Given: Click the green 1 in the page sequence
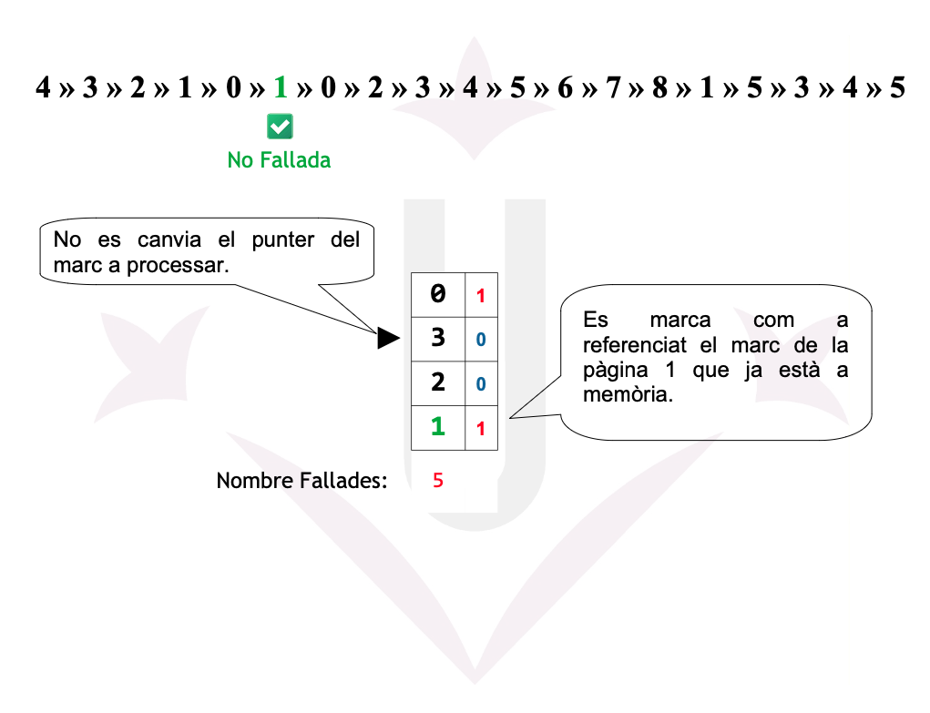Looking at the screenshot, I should click(280, 88).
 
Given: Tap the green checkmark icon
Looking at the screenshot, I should click(280, 127).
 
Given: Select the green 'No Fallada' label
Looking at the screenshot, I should click(279, 160).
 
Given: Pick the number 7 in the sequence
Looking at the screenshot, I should click(612, 88).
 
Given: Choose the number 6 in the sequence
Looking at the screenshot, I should click(565, 88).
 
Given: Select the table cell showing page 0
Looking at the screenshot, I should click(438, 294).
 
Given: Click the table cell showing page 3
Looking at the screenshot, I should click(438, 338).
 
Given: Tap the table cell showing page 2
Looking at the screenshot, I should click(438, 382).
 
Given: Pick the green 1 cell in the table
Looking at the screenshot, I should click(438, 427).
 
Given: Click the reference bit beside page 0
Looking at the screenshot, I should click(481, 296).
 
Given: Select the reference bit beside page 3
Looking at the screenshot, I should click(481, 340).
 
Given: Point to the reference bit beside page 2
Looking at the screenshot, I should click(481, 384).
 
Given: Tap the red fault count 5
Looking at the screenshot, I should click(438, 481).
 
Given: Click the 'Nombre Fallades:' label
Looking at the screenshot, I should click(301, 481).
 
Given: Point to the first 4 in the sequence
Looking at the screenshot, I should click(43, 88).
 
